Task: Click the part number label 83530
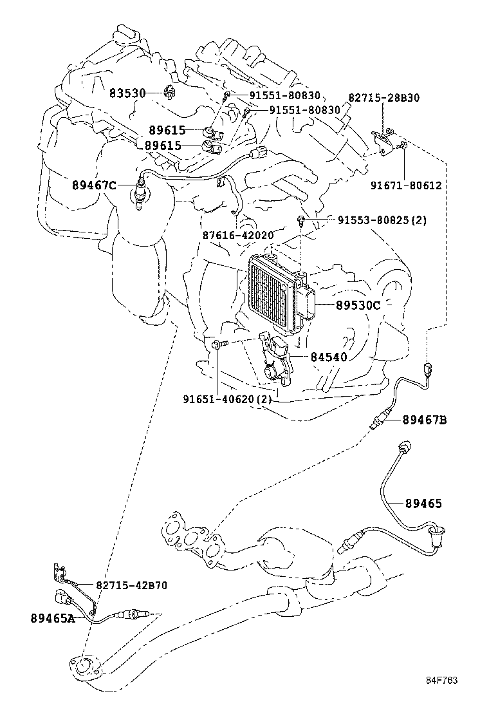(x=127, y=93)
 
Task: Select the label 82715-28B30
(x=384, y=98)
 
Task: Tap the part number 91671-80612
(x=405, y=185)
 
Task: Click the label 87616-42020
(x=238, y=235)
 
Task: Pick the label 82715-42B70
(x=131, y=585)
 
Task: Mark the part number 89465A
(x=53, y=618)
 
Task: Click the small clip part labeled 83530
(x=169, y=93)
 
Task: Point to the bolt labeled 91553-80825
(x=301, y=221)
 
